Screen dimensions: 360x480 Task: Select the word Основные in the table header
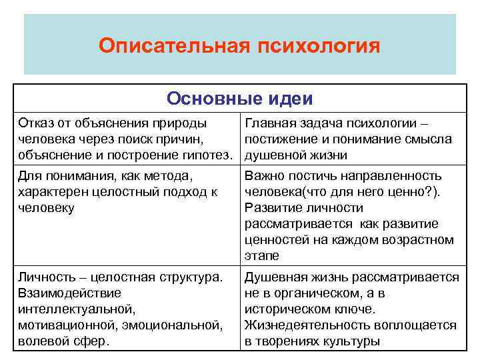[205, 99]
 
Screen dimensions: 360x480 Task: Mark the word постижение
[281, 139]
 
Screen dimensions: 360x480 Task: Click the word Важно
[266, 176]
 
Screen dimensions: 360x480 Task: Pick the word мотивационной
[62, 325]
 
